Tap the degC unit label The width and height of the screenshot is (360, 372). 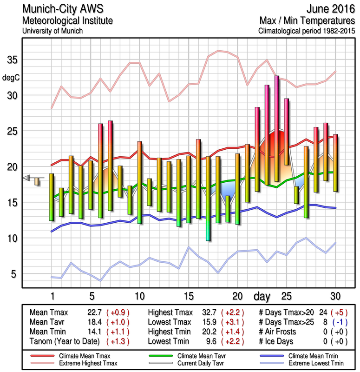click(x=12, y=77)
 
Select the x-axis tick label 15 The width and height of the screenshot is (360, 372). click(x=188, y=296)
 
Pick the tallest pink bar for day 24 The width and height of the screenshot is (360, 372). click(x=277, y=128)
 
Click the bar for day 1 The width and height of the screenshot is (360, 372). click(x=52, y=197)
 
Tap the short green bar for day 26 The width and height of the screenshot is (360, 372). click(x=296, y=195)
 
